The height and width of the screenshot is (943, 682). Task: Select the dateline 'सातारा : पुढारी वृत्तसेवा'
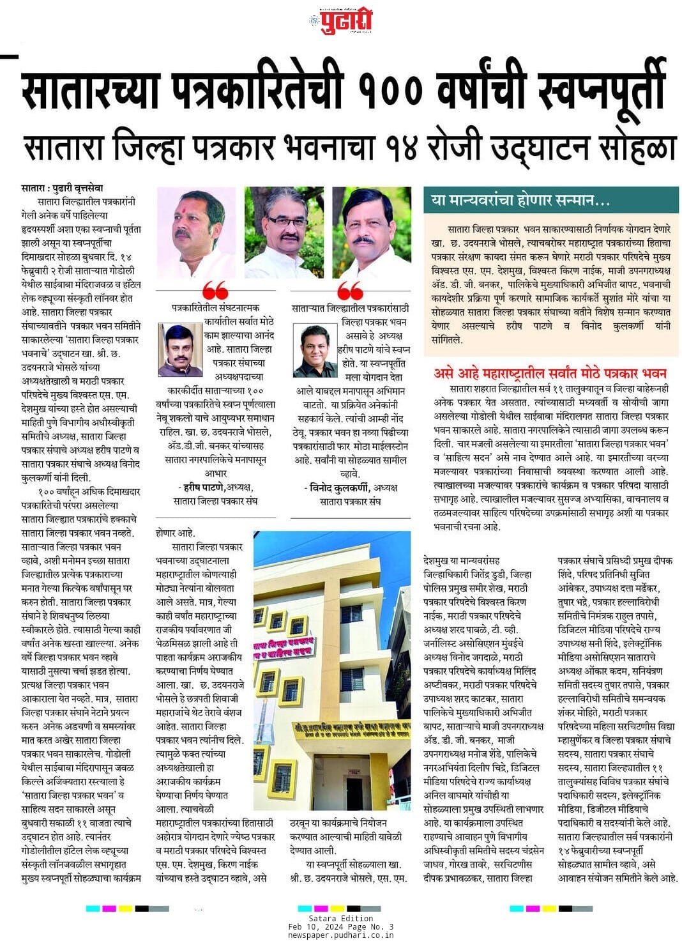point(62,188)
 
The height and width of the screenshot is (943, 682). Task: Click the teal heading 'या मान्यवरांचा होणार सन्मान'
point(520,201)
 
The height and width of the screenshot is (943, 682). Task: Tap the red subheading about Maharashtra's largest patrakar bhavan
point(550,373)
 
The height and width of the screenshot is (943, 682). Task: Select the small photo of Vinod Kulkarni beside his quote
point(315,351)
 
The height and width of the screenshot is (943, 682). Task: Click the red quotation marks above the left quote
point(215,290)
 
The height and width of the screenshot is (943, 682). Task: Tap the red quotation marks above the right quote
point(350,290)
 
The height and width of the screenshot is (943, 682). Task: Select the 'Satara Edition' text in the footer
point(340,919)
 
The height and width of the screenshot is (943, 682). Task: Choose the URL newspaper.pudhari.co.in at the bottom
point(340,935)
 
